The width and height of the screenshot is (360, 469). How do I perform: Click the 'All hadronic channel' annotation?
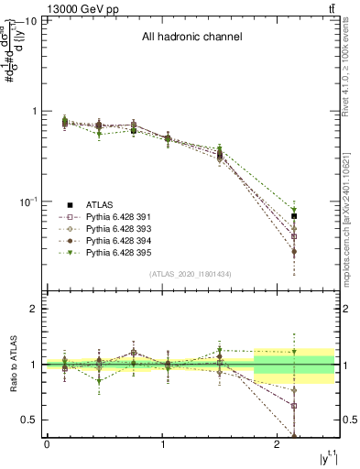[191, 38]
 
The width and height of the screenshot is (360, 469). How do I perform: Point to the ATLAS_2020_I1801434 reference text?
[190, 274]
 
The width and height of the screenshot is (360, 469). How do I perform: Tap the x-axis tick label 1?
[162, 445]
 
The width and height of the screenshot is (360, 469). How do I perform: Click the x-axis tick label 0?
[47, 445]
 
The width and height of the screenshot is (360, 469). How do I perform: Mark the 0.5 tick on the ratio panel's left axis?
[30, 420]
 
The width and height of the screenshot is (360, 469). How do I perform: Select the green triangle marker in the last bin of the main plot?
[294, 210]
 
